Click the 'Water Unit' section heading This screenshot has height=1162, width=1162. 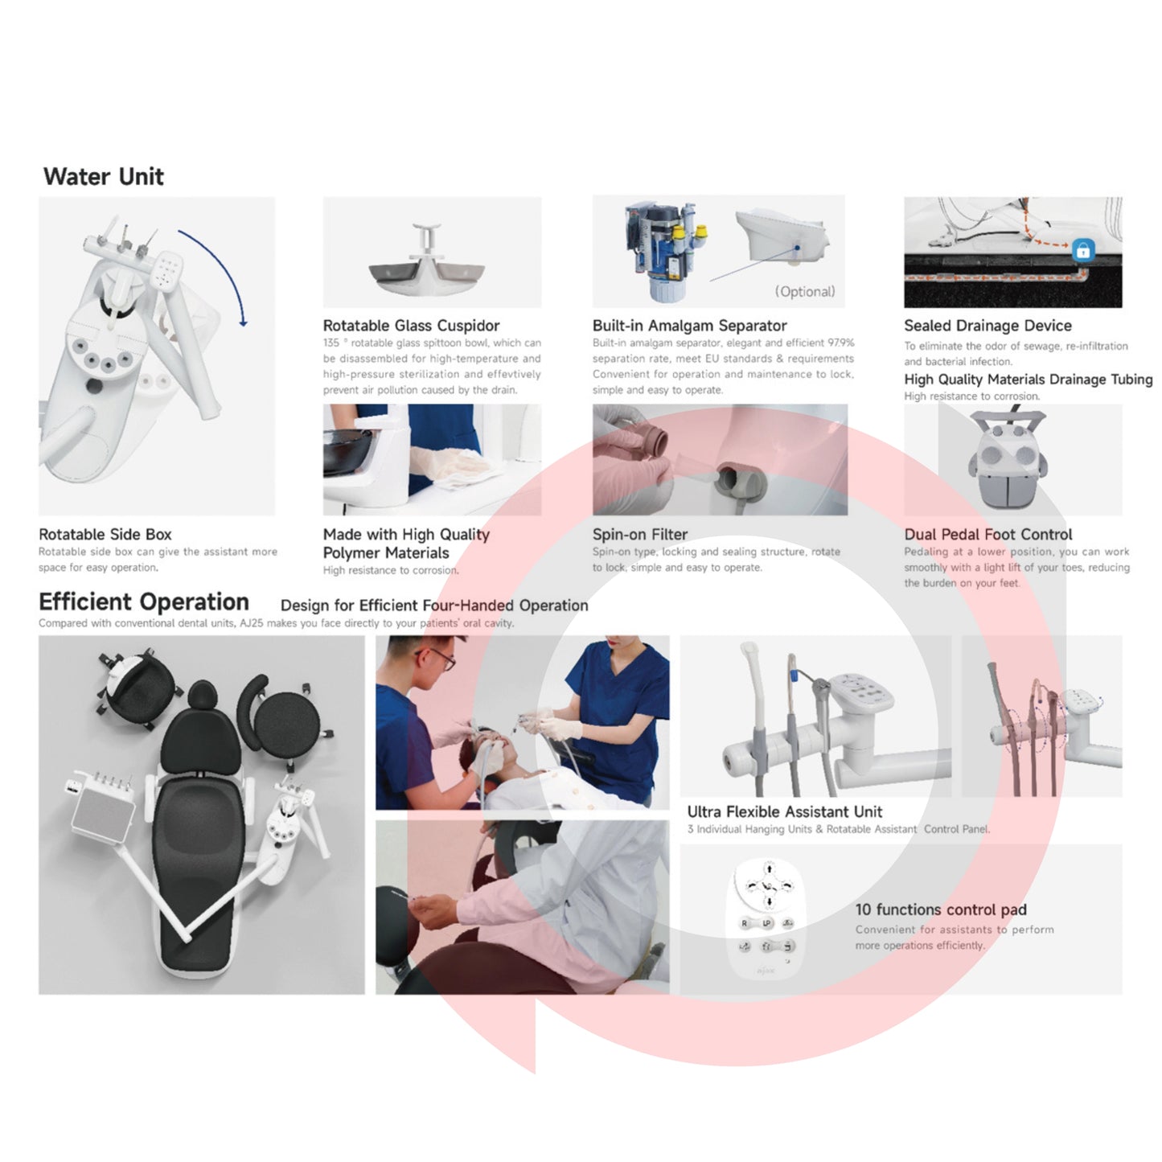pos(103,177)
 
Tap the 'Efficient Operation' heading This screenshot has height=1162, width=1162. pos(143,602)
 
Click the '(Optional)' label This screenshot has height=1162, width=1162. pos(805,292)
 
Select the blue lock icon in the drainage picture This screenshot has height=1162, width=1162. pos(1082,249)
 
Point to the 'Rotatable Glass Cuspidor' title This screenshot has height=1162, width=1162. pos(411,326)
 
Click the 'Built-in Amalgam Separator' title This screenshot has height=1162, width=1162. pos(689,326)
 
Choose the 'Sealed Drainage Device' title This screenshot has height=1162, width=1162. pos(987,326)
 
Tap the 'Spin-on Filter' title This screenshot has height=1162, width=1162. pos(640,534)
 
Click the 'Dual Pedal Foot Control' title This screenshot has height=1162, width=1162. pos(987,534)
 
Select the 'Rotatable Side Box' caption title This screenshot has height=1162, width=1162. pos(105,534)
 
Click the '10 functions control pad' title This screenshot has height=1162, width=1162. pos(941,909)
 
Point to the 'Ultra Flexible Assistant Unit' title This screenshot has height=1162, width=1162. pos(785,811)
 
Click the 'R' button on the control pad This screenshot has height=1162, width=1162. pos(745,923)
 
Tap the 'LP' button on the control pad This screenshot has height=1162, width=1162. pos(767,923)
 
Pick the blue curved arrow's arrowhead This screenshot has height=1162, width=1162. pos(243,322)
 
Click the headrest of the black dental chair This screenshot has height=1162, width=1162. pos(203,697)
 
